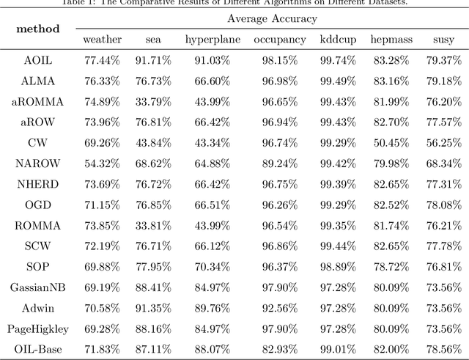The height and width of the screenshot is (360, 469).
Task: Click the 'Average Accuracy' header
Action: click(x=272, y=18)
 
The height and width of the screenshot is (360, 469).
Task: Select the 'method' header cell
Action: click(x=37, y=28)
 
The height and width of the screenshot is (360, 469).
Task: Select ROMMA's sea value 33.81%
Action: click(x=149, y=225)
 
